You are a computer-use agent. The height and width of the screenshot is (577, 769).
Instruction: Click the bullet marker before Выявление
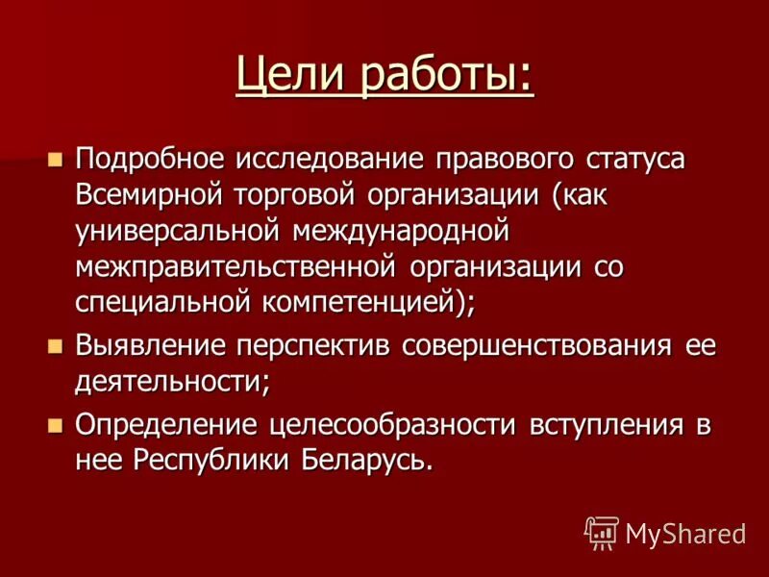point(56,342)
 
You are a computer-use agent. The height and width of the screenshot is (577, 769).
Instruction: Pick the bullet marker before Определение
point(56,422)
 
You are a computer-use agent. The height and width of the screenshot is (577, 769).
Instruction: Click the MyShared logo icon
point(601,532)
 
